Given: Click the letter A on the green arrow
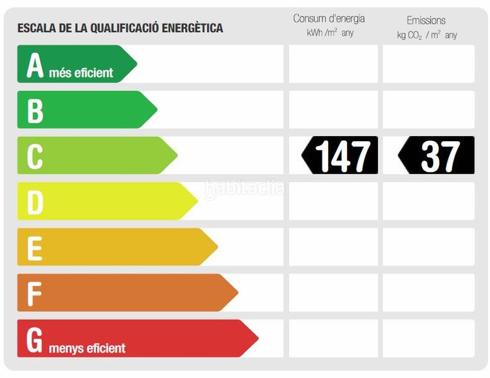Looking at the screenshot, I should tap(35, 65).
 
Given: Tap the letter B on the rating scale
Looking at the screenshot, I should tap(35, 110).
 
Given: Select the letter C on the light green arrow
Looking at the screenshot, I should tap(35, 156).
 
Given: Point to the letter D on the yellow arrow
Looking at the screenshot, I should tap(35, 202).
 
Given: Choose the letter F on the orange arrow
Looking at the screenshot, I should tap(35, 294).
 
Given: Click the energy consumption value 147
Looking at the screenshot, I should tap(342, 156).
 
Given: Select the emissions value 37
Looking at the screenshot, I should tap(440, 156).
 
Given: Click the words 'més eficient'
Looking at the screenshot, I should tap(81, 73).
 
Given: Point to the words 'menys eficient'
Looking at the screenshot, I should tap(87, 348).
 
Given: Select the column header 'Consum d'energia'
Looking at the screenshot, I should tap(329, 19).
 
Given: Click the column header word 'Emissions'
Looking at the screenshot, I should tap(426, 20).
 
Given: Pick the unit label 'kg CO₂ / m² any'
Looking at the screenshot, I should tap(427, 35).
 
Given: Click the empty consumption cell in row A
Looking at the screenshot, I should tap(333, 64).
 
